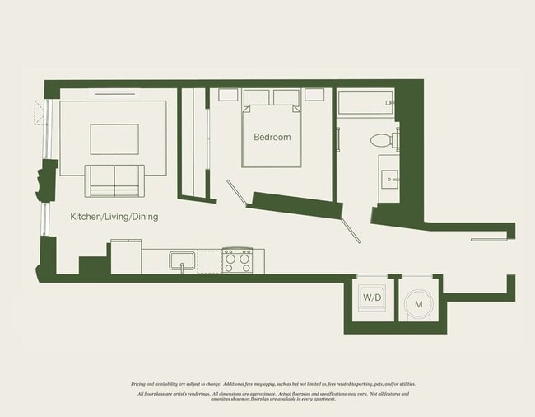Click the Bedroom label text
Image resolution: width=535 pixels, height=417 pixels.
272,137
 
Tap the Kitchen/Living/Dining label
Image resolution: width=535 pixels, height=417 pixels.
114,218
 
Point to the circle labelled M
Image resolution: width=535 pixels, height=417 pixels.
418,304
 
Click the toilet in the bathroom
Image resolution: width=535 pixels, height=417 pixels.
382,140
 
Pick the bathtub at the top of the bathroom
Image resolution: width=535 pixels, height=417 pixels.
366,104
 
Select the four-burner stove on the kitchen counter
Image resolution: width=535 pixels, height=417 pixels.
237,261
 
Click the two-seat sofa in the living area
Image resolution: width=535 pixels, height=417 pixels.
115,180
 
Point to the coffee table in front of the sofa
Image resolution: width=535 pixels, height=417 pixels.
114,138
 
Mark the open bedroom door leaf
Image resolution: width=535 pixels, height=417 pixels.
235,193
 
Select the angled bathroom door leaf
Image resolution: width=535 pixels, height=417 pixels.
349,224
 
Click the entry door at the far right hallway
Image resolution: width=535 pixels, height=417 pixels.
493,240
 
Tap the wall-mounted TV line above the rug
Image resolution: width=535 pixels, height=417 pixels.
114,93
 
